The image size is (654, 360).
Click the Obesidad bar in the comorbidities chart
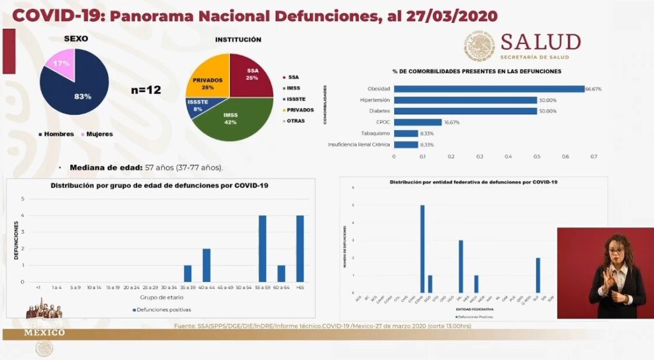489,89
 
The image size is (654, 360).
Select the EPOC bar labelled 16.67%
418,122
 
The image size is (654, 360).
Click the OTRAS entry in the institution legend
295,121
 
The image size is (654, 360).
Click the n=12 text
146,90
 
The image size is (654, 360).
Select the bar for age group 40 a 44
206,265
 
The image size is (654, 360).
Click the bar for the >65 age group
300,248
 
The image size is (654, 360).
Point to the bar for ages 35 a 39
188,273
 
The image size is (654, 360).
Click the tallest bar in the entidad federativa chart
422,248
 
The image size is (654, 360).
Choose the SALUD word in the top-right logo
540,42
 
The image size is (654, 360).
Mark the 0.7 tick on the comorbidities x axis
594,156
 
